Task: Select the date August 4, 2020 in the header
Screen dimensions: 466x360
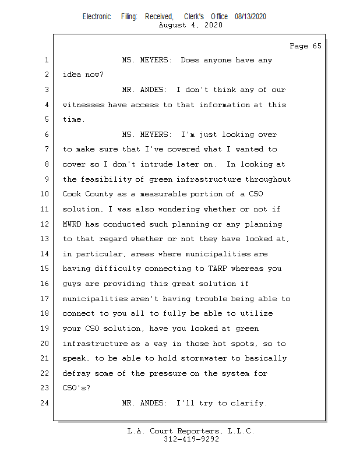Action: pos(190,25)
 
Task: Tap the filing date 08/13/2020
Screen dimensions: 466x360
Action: pos(250,17)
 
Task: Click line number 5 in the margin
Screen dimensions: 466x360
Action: pos(47,119)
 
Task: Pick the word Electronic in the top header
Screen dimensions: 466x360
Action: pos(97,17)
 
